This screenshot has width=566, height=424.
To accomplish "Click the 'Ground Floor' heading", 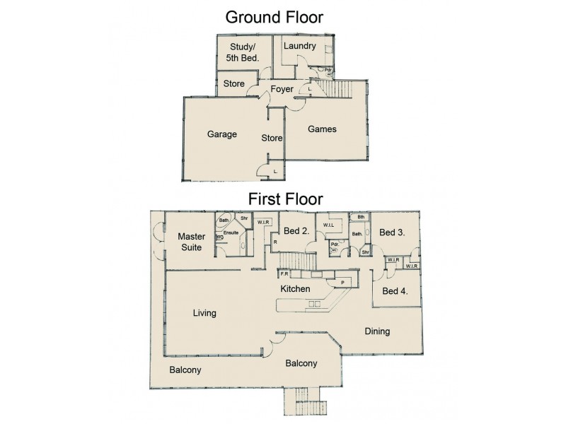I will tap(274, 17).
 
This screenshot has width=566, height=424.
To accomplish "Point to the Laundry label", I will tap(299, 47).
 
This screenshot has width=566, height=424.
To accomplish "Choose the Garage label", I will tap(221, 134).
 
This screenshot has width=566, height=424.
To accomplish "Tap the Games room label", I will tap(322, 129).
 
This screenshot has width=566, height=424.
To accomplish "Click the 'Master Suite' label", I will tap(191, 242).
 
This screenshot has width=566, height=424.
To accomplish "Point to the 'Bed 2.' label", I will tap(295, 230).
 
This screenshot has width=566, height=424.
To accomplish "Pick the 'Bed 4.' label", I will tap(395, 290).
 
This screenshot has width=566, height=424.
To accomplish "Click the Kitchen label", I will tap(296, 290).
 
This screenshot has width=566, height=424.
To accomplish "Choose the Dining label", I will tap(377, 331).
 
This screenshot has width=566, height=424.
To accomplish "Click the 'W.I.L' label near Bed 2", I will tap(329, 226).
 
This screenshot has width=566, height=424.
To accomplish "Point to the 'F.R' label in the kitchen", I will tap(284, 273).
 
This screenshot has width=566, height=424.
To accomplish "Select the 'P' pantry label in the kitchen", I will tap(343, 281).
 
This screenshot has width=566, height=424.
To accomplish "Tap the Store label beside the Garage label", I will tap(272, 138).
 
